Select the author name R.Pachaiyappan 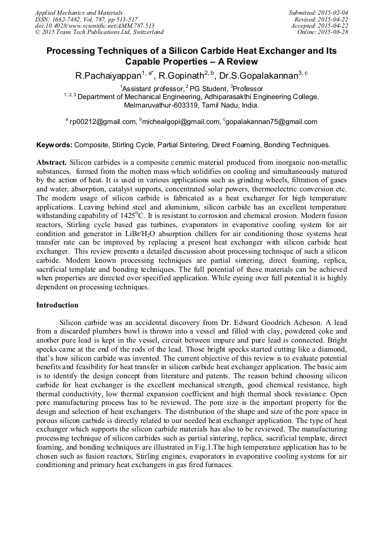tap(108, 75)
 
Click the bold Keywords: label tap(54, 145)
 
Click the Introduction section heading tap(57, 305)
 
